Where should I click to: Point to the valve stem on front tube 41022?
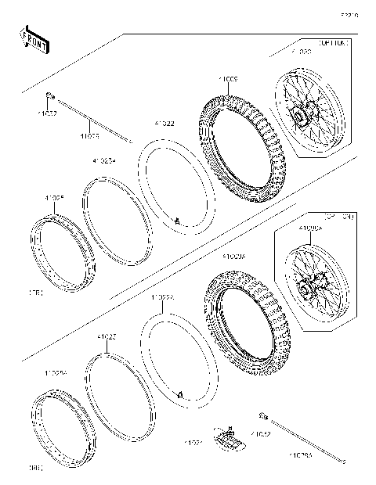click(178, 222)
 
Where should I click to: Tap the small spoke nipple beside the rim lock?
click(264, 414)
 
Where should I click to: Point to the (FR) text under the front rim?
click(34, 293)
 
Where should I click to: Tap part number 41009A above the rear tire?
click(233, 256)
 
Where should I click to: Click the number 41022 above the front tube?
click(164, 124)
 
